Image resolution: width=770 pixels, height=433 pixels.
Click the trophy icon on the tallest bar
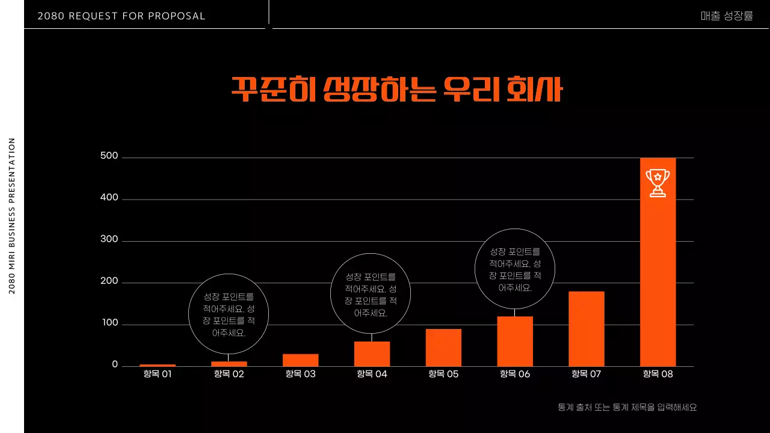[658, 183]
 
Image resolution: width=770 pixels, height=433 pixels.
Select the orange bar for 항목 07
[586, 329]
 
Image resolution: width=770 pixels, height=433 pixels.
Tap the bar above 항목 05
[443, 348]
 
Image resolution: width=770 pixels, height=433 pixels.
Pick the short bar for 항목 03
[300, 360]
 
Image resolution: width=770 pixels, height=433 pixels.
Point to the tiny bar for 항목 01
[158, 365]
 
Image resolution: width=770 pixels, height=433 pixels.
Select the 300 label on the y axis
[109, 240]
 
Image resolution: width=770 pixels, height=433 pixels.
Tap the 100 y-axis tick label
[109, 324]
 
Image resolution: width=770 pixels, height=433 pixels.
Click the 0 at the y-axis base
[115, 365]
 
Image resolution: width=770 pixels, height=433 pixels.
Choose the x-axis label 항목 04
[372, 374]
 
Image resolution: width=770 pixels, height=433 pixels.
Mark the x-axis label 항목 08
[658, 374]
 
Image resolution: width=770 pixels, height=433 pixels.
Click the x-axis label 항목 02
[229, 374]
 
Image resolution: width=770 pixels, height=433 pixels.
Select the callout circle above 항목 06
[514, 269]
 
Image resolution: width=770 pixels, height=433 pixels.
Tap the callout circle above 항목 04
[371, 294]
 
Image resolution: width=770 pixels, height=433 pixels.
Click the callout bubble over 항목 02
[229, 314]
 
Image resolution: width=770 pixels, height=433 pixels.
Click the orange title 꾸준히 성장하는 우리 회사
[396, 90]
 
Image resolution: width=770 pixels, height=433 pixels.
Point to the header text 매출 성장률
[727, 16]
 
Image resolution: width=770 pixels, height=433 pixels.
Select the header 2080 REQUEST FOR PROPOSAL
[122, 16]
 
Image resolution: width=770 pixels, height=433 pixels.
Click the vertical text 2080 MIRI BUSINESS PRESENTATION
[12, 216]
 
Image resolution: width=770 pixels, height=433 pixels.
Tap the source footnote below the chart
[627, 407]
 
